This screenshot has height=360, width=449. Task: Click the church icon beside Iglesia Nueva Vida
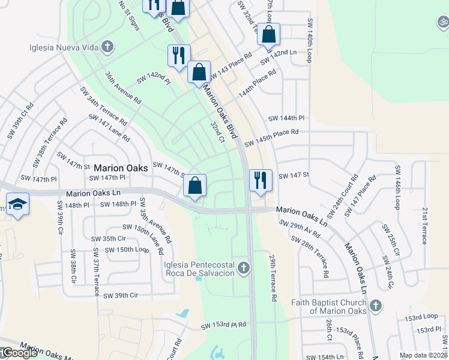(x=107, y=46)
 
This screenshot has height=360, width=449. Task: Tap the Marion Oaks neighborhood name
(x=121, y=169)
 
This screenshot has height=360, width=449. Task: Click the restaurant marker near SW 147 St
(x=261, y=179)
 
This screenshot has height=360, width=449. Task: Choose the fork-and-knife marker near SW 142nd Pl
(x=178, y=55)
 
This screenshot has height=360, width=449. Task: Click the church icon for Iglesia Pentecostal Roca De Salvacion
(x=243, y=268)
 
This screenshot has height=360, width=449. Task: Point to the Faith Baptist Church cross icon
(x=375, y=307)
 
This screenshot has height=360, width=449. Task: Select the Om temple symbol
(x=443, y=23)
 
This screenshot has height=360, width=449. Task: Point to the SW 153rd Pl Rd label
(x=224, y=325)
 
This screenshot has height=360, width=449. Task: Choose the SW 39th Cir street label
(x=121, y=295)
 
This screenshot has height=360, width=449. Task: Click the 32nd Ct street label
(x=217, y=132)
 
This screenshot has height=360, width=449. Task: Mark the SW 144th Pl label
(x=287, y=118)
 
